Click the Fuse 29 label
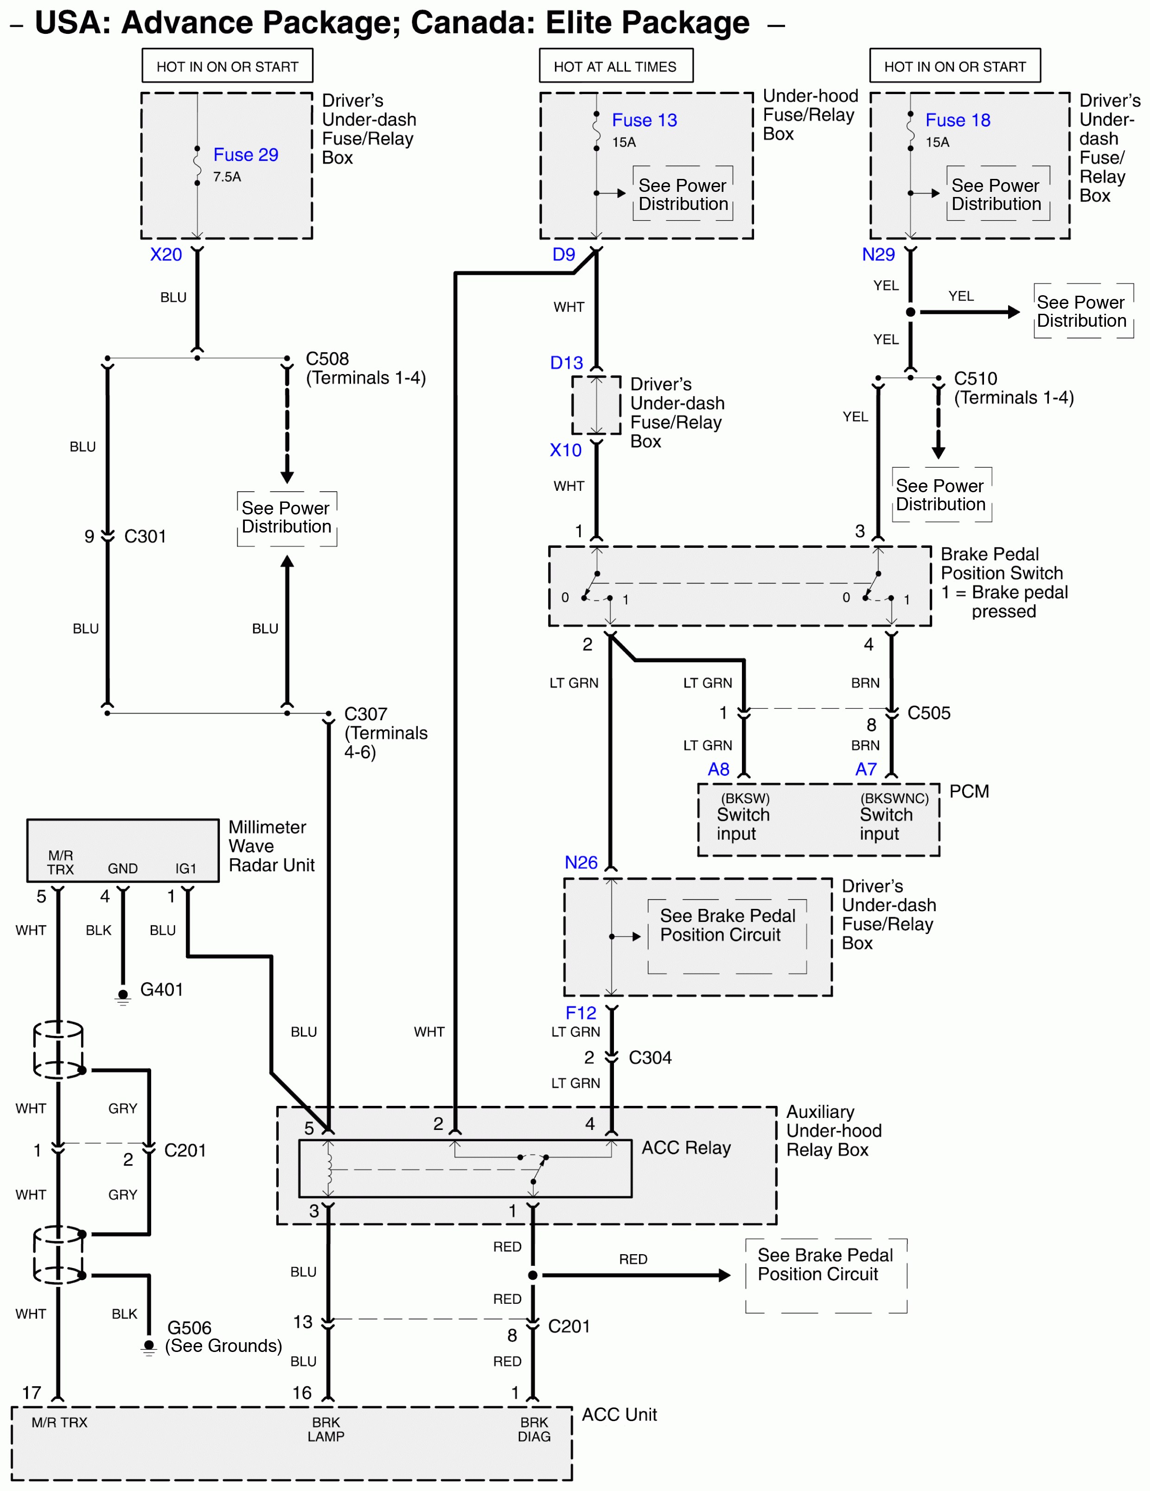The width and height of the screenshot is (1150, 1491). [x=245, y=155]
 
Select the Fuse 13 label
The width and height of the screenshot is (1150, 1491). [x=644, y=120]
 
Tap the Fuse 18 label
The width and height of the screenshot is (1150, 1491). [x=958, y=120]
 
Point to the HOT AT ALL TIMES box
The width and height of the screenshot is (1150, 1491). [x=615, y=66]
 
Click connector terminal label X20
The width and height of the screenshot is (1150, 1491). [x=166, y=254]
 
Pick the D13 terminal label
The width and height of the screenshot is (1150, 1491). [x=566, y=362]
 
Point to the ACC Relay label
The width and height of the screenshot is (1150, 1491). [x=686, y=1148]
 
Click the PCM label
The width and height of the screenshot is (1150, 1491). [x=968, y=791]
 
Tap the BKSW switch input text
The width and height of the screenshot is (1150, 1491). [x=743, y=816]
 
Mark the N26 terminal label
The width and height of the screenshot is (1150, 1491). [x=581, y=862]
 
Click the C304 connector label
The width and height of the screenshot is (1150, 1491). [x=650, y=1058]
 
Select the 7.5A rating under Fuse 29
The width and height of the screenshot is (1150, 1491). [x=227, y=177]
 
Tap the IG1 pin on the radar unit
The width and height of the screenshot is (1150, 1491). [x=186, y=869]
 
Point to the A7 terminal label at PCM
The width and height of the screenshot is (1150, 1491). [x=865, y=769]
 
